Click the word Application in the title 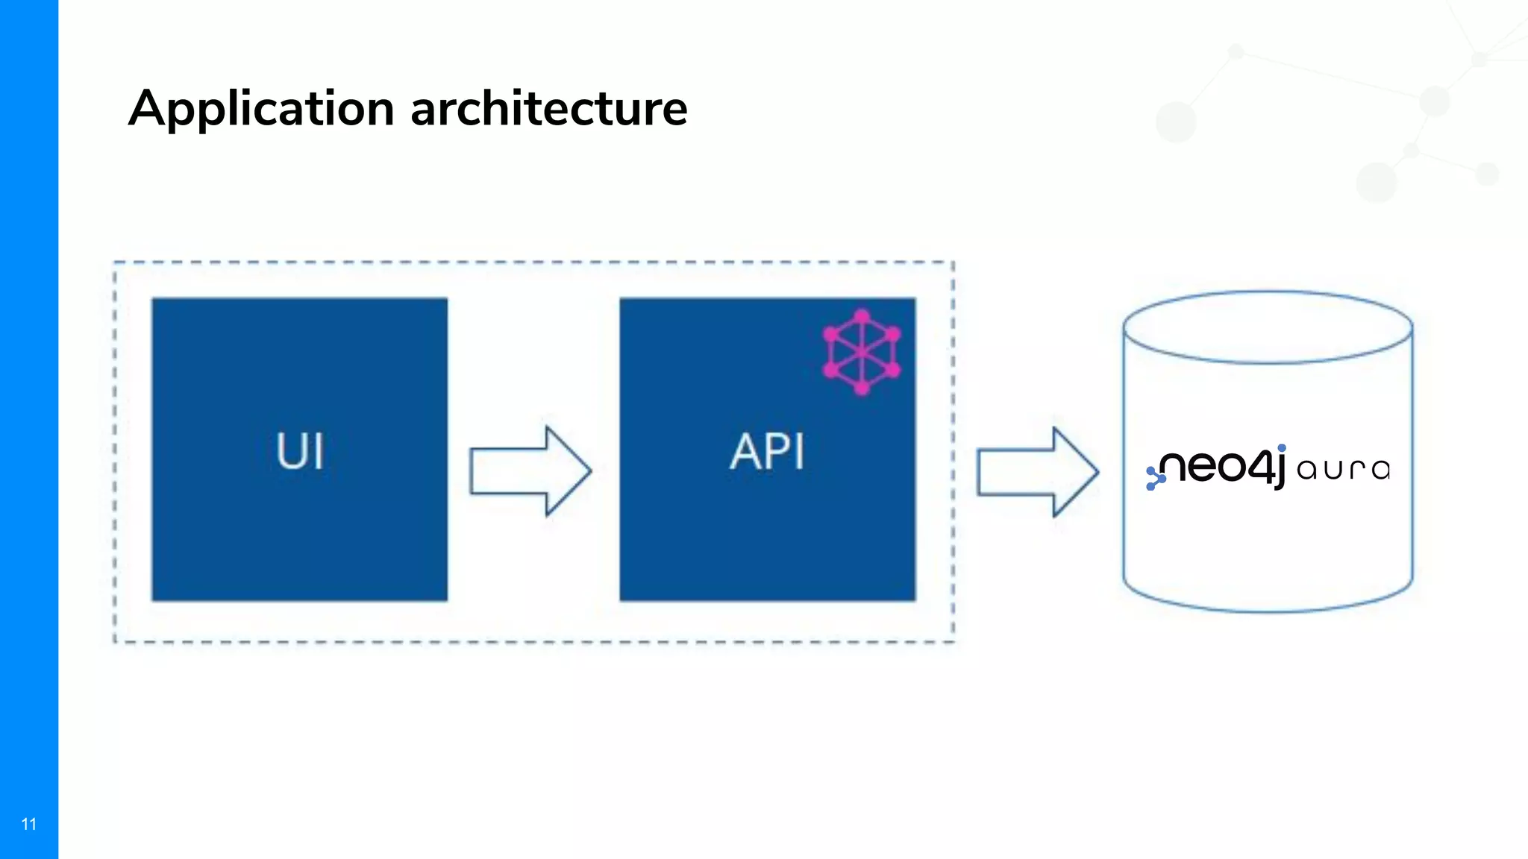pyautogui.click(x=261, y=109)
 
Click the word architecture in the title pyautogui.click(x=548, y=109)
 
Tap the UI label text pyautogui.click(x=300, y=450)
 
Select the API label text pyautogui.click(x=767, y=451)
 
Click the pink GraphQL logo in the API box pyautogui.click(x=862, y=352)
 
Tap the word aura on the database pyautogui.click(x=1343, y=469)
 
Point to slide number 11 pyautogui.click(x=29, y=824)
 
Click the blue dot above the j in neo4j pyautogui.click(x=1282, y=448)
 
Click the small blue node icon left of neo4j pyautogui.click(x=1155, y=478)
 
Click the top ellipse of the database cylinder pyautogui.click(x=1268, y=328)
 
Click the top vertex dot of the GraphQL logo pyautogui.click(x=862, y=316)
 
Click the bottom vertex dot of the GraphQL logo pyautogui.click(x=862, y=388)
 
